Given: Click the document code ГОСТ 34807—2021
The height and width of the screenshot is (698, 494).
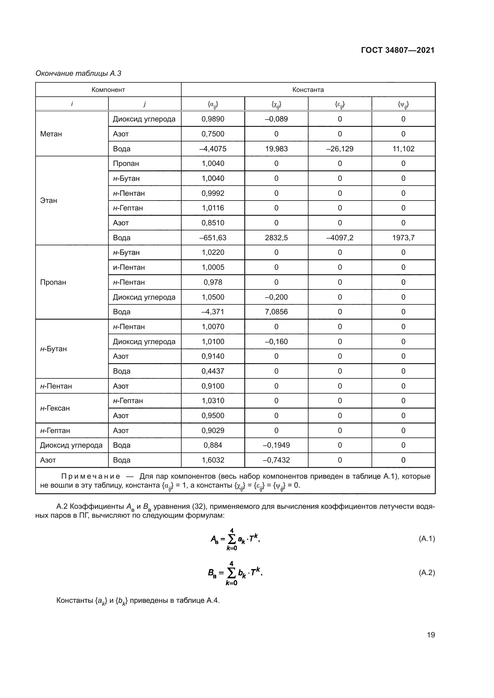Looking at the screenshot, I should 398,50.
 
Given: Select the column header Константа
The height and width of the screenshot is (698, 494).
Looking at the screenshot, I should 308,90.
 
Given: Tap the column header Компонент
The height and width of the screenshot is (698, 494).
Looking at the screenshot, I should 108,90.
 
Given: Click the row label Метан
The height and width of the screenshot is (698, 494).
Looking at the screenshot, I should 51,134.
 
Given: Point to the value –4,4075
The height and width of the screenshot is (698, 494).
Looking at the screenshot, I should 213,149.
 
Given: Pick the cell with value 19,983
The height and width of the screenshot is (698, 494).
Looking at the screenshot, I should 276,149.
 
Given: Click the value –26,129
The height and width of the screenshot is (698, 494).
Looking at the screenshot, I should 340,149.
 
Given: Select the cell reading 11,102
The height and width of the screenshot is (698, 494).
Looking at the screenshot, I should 403,149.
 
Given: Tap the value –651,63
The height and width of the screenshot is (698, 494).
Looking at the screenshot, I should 213,238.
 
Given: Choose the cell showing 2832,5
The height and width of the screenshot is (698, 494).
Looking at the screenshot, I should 276,238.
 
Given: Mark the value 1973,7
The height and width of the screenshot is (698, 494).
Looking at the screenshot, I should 403,238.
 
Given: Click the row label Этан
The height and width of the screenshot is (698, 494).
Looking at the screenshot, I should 49,201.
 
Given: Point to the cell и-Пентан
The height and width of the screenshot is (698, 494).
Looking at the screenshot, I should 129,267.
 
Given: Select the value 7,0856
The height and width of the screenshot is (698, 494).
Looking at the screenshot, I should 276,312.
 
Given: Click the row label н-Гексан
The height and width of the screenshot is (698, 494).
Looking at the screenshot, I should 55,408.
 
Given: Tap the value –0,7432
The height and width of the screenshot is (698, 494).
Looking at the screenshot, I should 276,460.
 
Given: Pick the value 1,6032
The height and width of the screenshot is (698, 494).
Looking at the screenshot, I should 213,460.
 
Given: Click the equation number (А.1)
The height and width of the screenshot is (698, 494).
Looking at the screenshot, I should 427,539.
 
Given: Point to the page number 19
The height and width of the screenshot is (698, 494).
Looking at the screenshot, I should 431,635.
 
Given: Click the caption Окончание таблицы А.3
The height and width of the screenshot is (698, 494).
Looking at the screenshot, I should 79,74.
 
